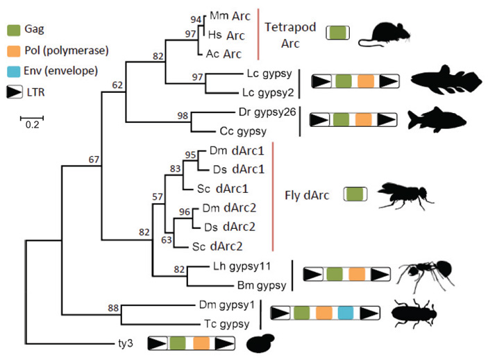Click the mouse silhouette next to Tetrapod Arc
click(x=386, y=33)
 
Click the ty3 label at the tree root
click(x=125, y=342)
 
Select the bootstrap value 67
click(x=94, y=160)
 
